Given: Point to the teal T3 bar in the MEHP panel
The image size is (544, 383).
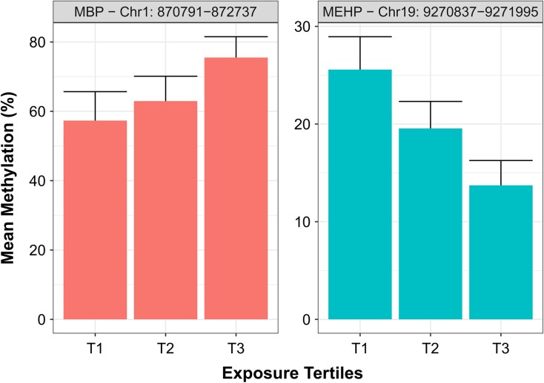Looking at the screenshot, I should [501, 252].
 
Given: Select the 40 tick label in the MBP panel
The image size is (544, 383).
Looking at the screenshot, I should [42, 181].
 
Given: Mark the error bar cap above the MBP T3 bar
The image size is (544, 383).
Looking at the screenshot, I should [236, 36].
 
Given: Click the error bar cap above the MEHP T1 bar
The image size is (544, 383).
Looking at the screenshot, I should [360, 36].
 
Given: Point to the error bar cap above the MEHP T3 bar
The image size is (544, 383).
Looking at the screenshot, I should [501, 160].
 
